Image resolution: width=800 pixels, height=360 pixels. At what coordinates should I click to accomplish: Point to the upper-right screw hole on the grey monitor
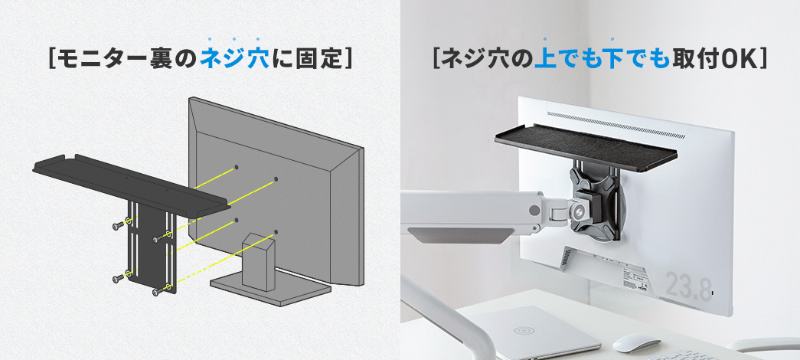[276, 179]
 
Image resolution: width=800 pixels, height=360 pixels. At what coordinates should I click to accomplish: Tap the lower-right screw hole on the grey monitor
[276, 232]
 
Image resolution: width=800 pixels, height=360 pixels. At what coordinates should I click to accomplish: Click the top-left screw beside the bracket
[119, 224]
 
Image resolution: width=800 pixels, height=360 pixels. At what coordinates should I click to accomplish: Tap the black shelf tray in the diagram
[130, 184]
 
